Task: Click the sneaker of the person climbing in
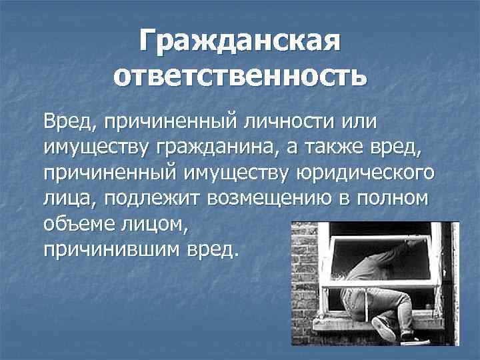point(385,328)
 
